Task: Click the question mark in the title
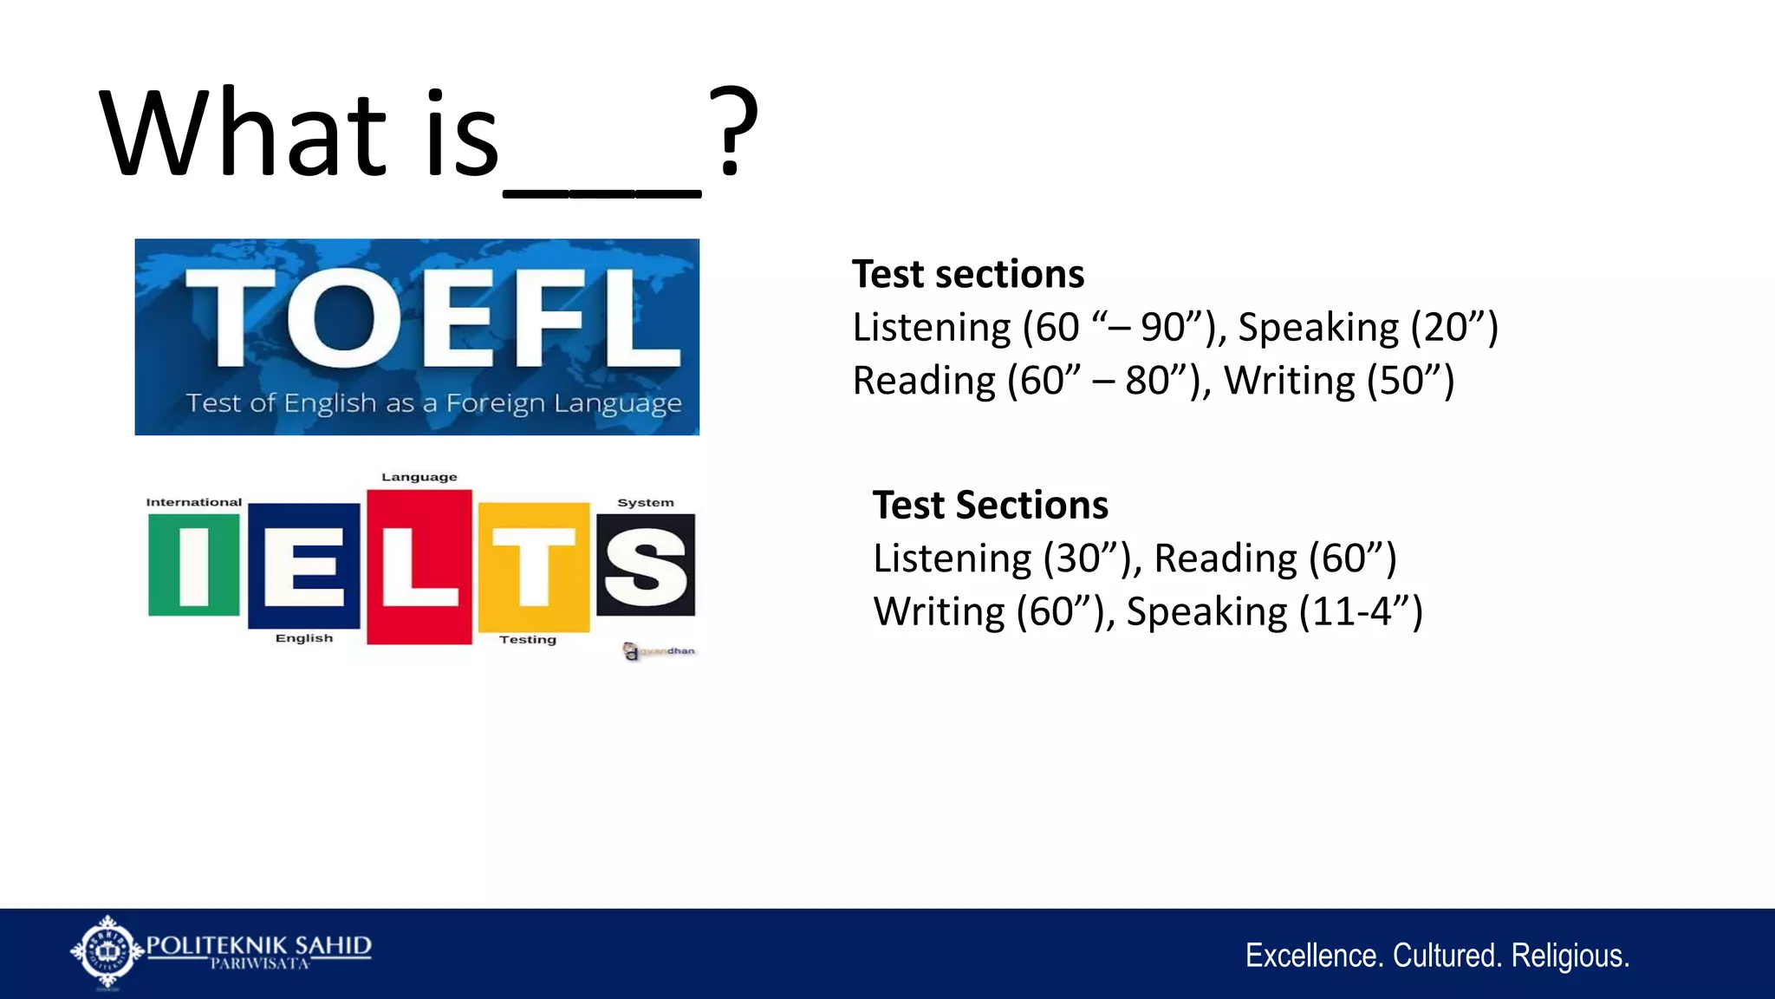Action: click(x=732, y=132)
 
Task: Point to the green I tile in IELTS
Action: click(x=193, y=565)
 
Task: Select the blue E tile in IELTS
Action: click(x=303, y=565)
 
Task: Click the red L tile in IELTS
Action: click(x=419, y=567)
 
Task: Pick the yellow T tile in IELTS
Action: click(x=534, y=567)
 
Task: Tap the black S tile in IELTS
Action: click(x=646, y=565)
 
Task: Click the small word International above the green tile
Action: click(x=193, y=502)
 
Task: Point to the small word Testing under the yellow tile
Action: click(x=527, y=639)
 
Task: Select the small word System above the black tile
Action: click(x=645, y=502)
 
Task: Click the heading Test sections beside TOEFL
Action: click(x=967, y=274)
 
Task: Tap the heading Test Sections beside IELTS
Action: click(x=990, y=505)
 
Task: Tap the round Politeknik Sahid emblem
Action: click(x=107, y=951)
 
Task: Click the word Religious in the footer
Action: click(x=1570, y=956)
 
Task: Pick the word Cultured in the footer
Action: click(x=1447, y=956)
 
